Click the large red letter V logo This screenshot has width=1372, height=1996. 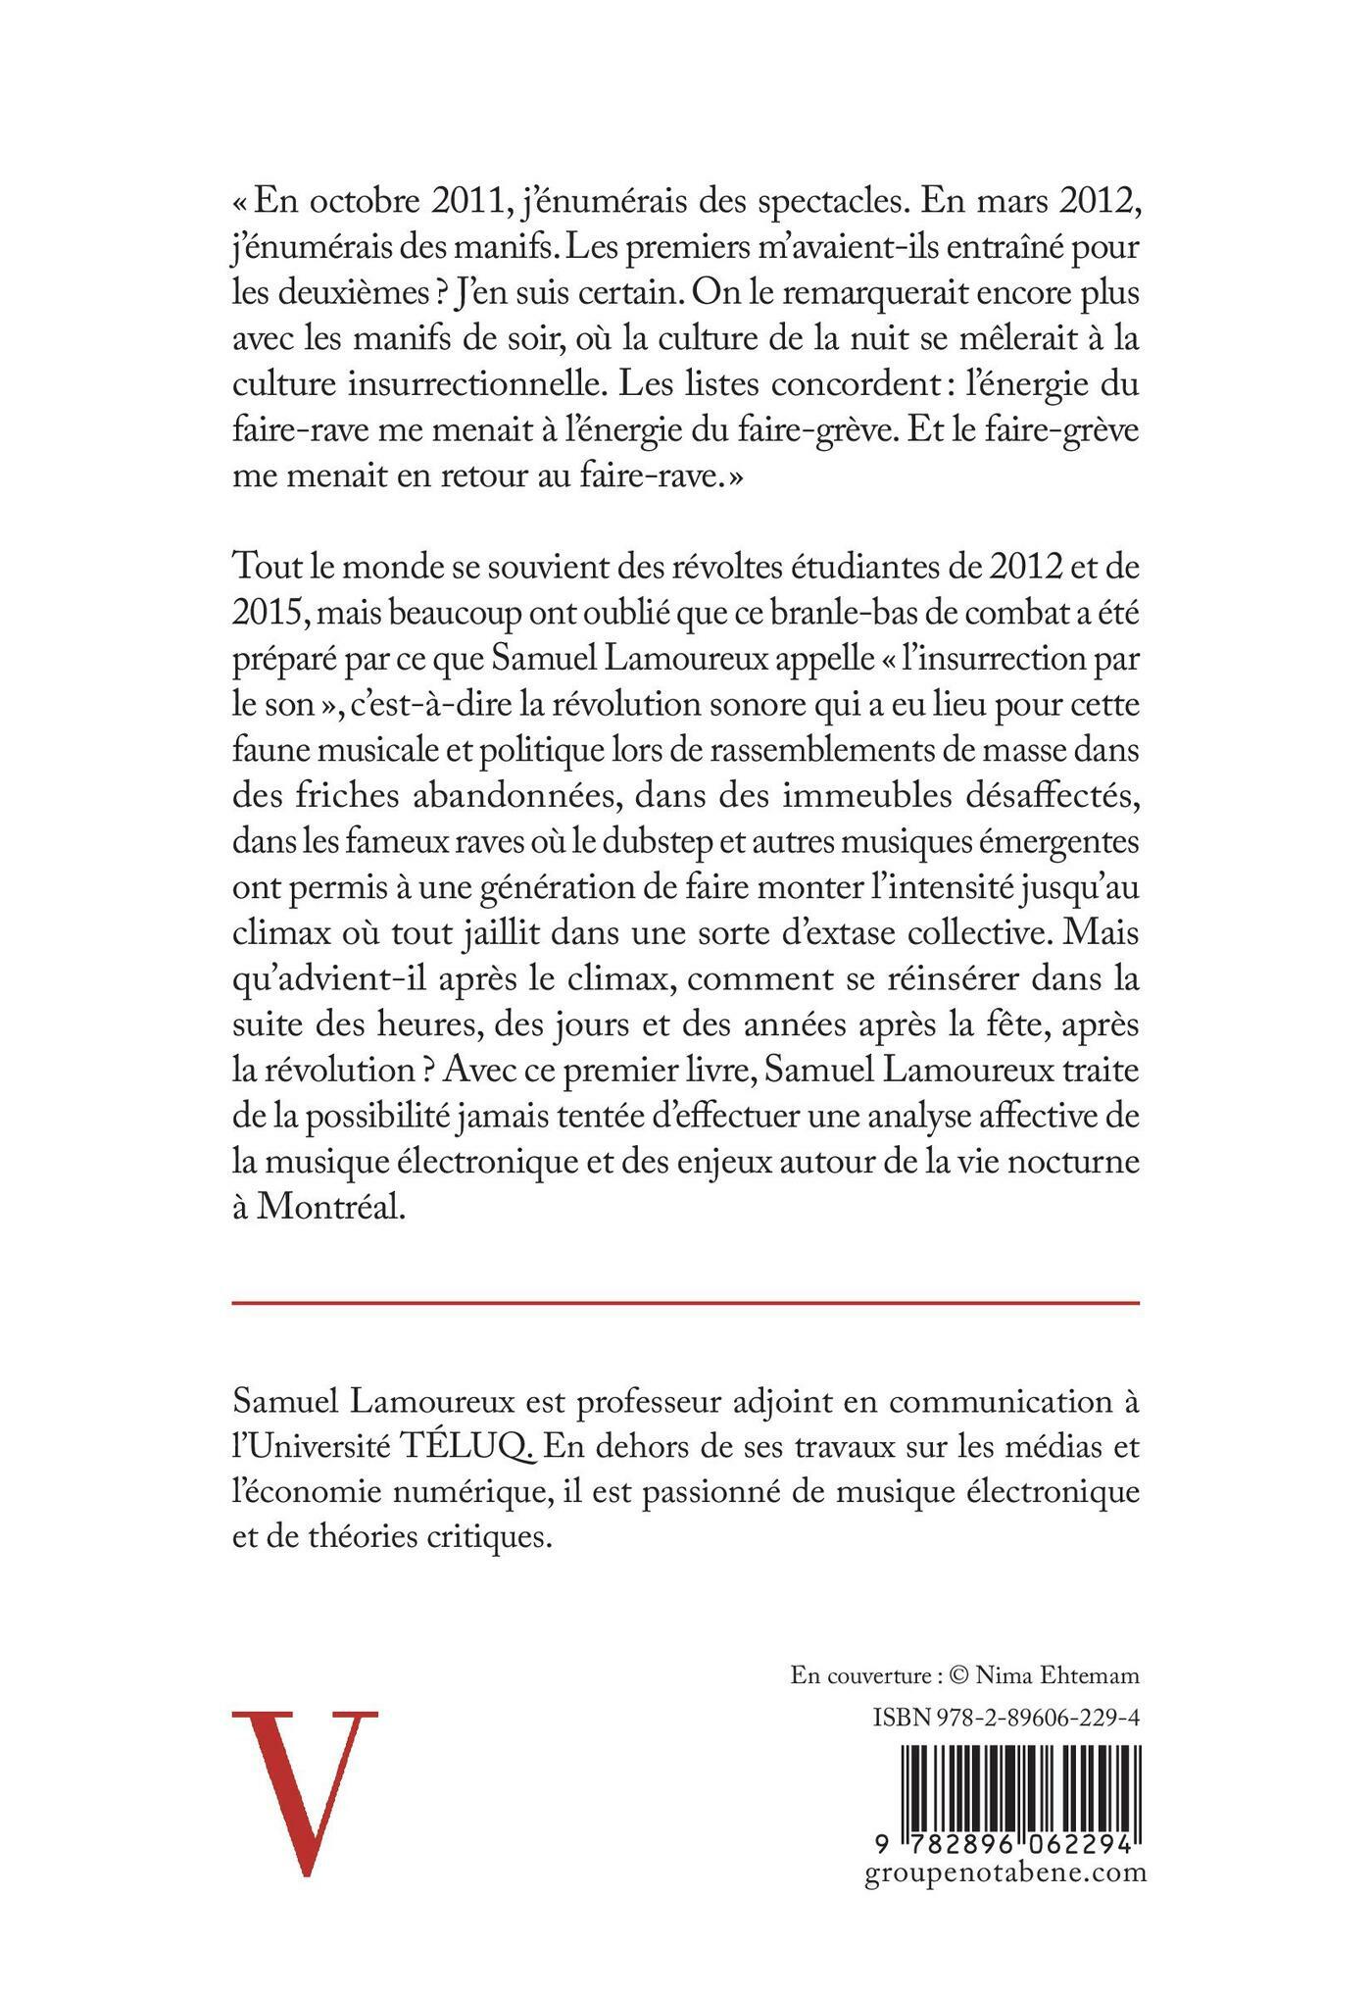(305, 1791)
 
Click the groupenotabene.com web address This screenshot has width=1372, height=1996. (1006, 1873)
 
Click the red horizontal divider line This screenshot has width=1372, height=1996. (686, 1303)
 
